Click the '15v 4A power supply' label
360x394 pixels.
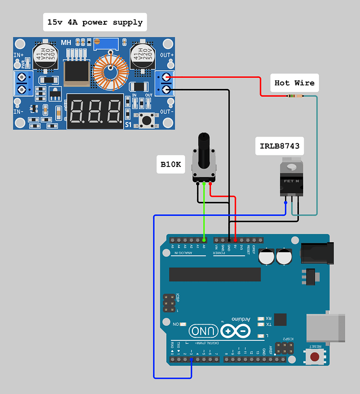(x=95, y=23)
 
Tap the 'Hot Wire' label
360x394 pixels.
(x=294, y=83)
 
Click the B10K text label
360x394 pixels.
(x=171, y=164)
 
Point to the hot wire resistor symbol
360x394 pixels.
(x=296, y=96)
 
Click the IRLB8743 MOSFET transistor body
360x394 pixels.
(x=291, y=179)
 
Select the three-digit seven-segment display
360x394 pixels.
(x=95, y=111)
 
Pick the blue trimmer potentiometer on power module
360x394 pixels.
(x=109, y=45)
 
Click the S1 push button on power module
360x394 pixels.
(x=146, y=119)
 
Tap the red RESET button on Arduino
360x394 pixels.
(x=315, y=357)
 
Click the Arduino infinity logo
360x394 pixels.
(x=235, y=331)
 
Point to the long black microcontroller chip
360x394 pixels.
(x=214, y=274)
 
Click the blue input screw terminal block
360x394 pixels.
(x=22, y=84)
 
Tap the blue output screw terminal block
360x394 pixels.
(x=166, y=83)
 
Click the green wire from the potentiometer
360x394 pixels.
(x=204, y=210)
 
